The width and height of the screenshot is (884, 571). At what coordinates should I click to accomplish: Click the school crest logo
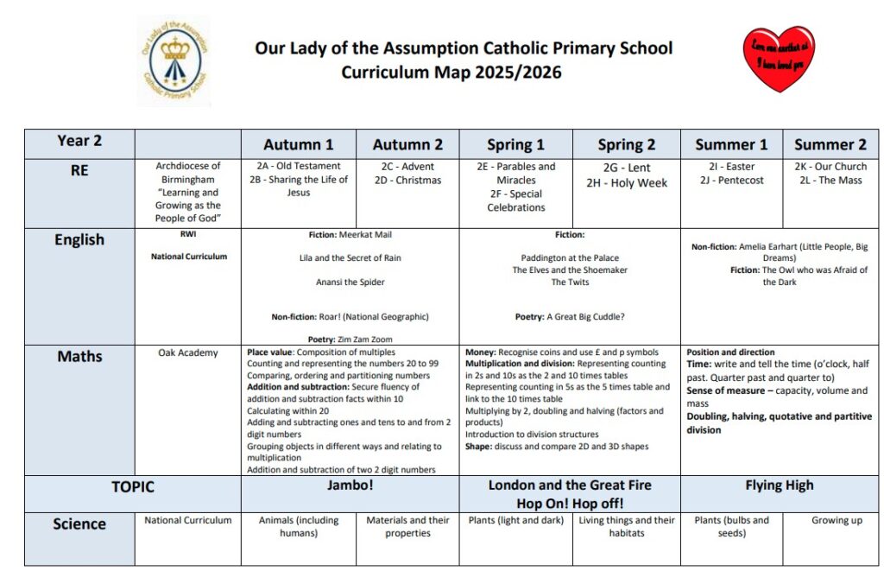174,61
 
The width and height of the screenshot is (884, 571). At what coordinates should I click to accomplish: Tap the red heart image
779,58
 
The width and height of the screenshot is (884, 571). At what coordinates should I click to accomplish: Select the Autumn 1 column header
298,144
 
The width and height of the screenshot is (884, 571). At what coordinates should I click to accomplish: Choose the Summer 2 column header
830,144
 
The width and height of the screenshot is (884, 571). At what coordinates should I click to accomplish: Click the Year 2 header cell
79,141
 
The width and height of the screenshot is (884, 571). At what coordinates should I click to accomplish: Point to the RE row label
79,171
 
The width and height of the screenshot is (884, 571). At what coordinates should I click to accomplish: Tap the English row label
79,240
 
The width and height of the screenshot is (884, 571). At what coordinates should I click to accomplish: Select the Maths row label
79,356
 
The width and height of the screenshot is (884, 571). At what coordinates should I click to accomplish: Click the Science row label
79,523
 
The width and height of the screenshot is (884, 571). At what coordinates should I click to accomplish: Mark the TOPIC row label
132,487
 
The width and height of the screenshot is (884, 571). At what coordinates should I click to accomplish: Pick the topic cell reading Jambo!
350,486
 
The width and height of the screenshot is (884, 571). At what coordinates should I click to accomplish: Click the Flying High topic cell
780,485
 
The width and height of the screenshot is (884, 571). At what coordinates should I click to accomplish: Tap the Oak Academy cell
188,352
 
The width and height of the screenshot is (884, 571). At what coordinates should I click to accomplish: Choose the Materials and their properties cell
407,527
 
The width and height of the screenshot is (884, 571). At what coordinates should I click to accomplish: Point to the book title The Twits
570,282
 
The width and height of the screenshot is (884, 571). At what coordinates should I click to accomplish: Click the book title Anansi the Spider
350,282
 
